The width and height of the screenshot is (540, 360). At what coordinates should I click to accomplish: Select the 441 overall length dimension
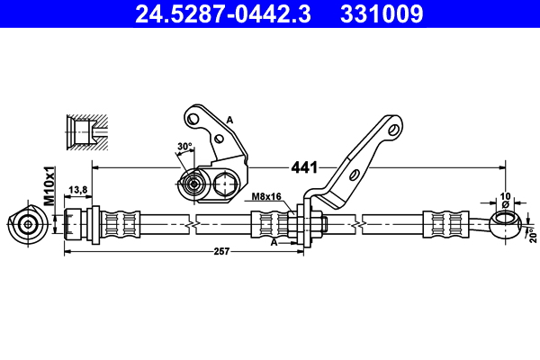(x=304, y=167)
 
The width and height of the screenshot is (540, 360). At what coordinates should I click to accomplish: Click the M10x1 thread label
(x=50, y=185)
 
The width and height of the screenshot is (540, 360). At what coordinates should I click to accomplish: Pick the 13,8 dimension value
(x=77, y=190)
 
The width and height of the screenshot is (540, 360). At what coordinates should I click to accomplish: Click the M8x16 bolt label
(x=266, y=196)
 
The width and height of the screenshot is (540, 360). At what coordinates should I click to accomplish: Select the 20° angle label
(x=533, y=234)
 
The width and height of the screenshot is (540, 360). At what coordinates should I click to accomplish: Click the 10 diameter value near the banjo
(x=505, y=194)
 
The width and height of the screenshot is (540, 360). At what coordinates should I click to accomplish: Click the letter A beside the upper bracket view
(x=229, y=120)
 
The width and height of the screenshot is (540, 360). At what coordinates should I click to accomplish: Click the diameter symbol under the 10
(x=505, y=204)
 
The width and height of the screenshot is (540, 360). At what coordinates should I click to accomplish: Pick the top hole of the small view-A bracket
(x=192, y=115)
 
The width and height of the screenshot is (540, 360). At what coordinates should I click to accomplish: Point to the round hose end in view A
(x=191, y=186)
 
